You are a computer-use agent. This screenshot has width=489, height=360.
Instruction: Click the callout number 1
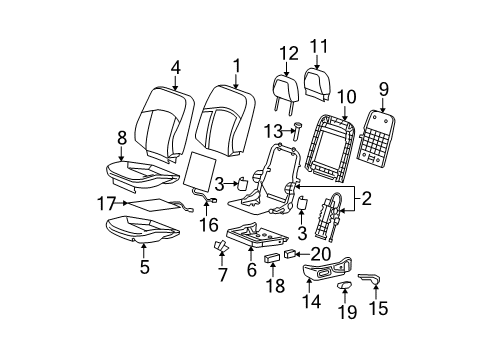[x=236, y=66]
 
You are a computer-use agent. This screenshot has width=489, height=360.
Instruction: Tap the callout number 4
[x=175, y=68]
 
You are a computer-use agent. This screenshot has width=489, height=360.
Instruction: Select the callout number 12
[x=288, y=53]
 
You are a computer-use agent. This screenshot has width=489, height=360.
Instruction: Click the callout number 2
[x=365, y=200]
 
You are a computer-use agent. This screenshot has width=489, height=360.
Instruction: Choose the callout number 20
[x=319, y=253]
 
